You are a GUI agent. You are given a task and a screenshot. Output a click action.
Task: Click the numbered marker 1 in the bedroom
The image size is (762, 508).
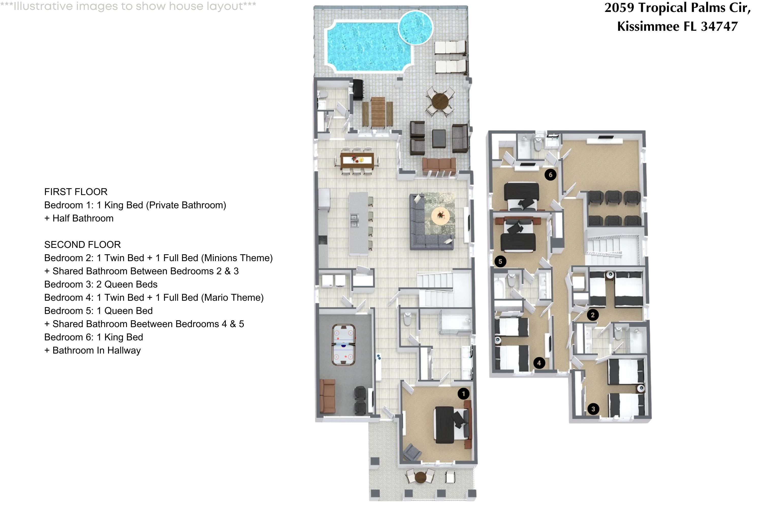(x=463, y=394)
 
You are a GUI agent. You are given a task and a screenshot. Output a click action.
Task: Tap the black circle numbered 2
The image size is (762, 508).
(x=593, y=315)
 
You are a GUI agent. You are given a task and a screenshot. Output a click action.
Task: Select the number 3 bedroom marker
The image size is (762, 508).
(x=593, y=409)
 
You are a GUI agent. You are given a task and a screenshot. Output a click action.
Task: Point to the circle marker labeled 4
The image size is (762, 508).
(x=539, y=363)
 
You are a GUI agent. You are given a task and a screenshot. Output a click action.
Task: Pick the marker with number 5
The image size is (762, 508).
(x=500, y=261)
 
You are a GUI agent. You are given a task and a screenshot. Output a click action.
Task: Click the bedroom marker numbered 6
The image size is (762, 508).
(x=550, y=175)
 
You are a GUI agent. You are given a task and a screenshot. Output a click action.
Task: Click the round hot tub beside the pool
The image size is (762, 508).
(x=415, y=27)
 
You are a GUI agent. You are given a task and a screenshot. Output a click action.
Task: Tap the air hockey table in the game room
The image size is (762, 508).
(x=343, y=345)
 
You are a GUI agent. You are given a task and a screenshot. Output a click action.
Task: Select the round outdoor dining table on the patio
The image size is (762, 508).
(x=440, y=101)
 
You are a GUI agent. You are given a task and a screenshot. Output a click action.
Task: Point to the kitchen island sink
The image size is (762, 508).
(x=354, y=220)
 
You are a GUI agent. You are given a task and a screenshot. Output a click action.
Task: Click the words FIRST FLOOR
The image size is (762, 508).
(x=76, y=192)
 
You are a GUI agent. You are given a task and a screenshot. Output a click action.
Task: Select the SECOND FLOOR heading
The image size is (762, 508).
(x=82, y=245)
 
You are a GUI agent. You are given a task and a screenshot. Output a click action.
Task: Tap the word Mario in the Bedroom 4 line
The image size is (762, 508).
(x=214, y=297)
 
